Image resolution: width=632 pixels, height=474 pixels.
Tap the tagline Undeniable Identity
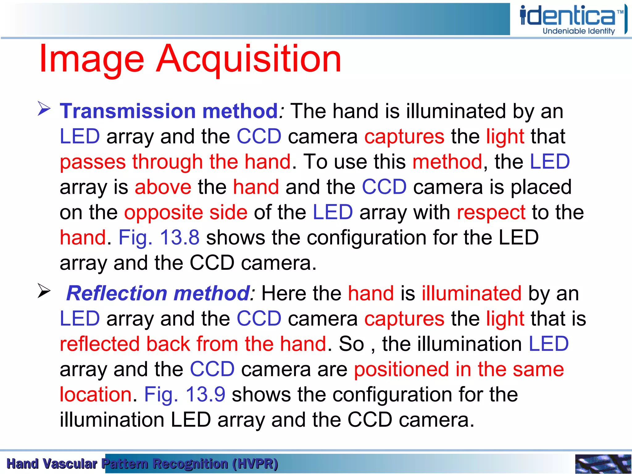coord(579,31)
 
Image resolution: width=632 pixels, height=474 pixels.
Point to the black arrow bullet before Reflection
coord(44,291)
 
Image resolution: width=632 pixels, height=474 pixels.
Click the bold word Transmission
coord(128,111)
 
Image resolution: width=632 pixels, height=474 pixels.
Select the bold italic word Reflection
coord(117,293)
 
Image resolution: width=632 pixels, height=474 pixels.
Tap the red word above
coord(163,187)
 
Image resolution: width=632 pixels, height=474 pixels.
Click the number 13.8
coord(180,238)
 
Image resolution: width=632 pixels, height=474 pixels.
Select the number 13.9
coord(205,394)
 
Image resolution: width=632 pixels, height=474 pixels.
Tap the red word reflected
coord(99,344)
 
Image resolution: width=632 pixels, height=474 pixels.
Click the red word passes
coord(93,162)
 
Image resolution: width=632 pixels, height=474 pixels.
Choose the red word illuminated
coord(472,293)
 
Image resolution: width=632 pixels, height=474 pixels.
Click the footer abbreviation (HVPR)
coord(255,464)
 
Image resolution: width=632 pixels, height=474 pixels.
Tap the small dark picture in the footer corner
coord(603,464)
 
